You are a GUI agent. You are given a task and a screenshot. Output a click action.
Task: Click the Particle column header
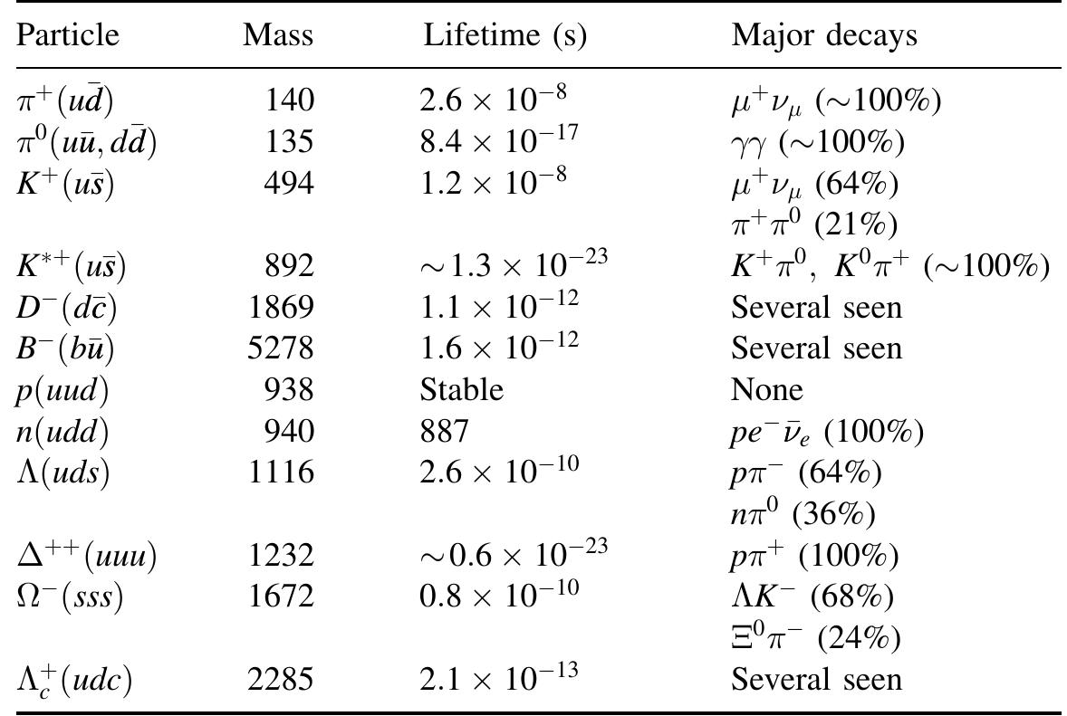68,35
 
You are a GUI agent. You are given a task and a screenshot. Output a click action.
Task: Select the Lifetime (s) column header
505,35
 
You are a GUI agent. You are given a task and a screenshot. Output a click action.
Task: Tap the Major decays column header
824,35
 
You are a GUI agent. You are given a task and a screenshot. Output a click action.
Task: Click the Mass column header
278,35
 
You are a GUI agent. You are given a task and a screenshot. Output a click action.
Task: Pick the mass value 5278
281,348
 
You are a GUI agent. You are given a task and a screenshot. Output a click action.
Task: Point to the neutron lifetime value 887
445,432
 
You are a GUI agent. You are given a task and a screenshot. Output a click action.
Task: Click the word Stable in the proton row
461,390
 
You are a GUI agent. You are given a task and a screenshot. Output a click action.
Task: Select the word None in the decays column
766,390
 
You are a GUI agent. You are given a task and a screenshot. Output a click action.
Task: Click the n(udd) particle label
62,433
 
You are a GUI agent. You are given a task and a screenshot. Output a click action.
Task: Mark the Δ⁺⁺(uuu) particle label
87,556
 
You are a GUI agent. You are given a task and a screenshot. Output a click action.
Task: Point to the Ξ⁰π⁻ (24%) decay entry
815,639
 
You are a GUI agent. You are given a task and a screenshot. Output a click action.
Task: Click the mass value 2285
281,679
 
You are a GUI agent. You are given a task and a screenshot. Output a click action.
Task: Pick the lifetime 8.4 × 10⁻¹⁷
498,140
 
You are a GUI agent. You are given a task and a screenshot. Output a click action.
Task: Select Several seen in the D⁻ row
816,308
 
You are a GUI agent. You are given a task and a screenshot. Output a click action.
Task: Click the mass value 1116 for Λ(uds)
281,473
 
